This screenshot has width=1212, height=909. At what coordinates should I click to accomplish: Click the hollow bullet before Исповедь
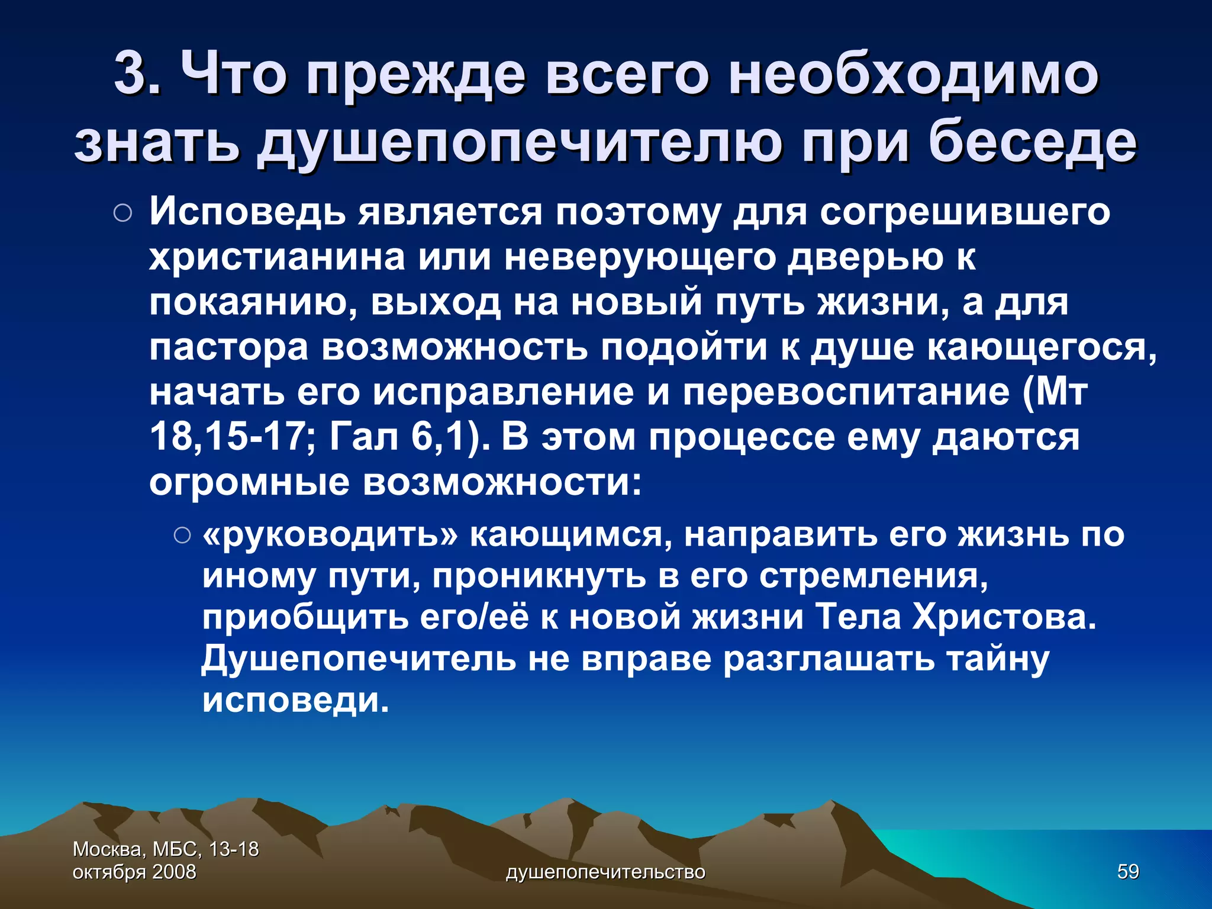tap(123, 214)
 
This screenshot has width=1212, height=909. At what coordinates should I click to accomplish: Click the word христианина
tap(278, 257)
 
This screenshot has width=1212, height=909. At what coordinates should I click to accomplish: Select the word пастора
tap(228, 347)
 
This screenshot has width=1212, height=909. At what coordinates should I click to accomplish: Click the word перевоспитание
tap(846, 392)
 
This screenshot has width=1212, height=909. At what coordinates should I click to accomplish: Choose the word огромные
tap(249, 482)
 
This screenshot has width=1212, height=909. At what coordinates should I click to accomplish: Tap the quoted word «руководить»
tap(330, 535)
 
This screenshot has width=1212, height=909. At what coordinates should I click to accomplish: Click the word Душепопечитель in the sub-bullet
tap(359, 658)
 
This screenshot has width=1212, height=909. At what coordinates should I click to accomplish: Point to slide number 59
tap(1127, 871)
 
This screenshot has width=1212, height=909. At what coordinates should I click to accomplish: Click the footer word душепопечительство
tap(605, 872)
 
